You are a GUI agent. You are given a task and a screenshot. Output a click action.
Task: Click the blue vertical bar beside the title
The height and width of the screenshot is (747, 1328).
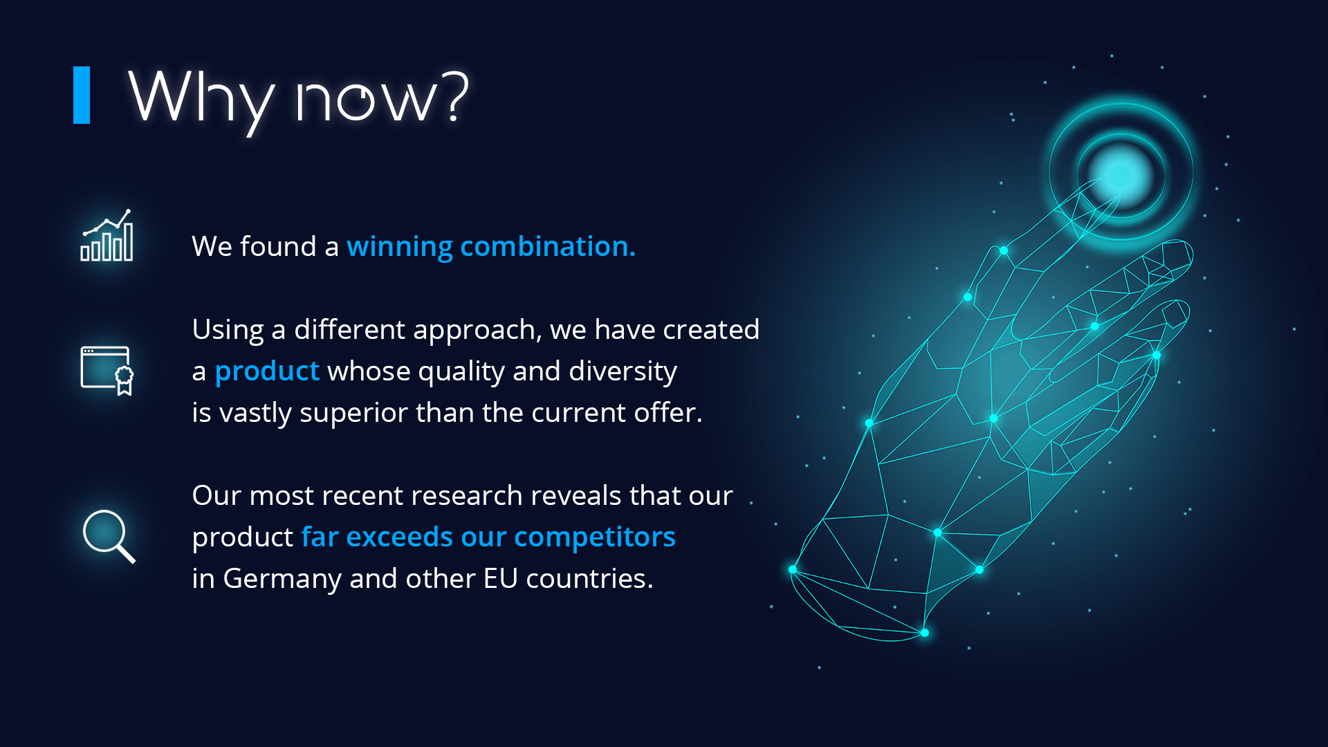click(82, 95)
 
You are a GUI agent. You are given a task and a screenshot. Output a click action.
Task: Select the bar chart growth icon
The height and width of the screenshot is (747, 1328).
click(107, 235)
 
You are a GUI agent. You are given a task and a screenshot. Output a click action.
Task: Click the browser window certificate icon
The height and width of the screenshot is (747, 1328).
click(107, 371)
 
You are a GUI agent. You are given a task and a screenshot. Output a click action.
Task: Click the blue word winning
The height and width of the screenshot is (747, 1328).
click(400, 247)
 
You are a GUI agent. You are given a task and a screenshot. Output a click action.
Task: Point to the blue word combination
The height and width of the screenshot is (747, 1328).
click(548, 246)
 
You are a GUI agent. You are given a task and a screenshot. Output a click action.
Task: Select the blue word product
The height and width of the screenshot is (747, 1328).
click(267, 372)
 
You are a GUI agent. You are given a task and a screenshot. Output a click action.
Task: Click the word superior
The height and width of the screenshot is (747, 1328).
click(353, 414)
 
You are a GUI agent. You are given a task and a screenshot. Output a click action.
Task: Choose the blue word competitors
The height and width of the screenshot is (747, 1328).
click(595, 537)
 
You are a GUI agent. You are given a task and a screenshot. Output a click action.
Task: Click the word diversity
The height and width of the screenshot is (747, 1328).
click(622, 372)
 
